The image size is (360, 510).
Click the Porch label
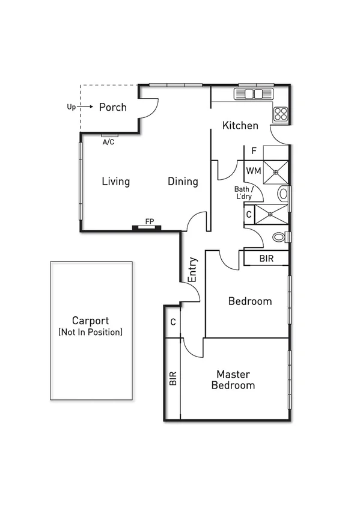113,107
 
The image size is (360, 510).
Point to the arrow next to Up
86,106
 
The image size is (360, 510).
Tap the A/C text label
108,143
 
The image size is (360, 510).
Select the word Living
115,181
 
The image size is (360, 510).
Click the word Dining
183,181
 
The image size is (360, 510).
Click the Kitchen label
240,126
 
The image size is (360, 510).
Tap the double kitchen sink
254,94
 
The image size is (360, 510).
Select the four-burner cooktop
281,112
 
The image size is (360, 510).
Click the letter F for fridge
254,151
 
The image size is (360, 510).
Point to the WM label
253,171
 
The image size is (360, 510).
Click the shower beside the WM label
276,171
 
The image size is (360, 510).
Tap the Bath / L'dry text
243,192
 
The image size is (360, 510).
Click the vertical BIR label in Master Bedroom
173,378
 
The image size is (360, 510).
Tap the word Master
233,373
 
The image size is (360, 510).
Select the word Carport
90,321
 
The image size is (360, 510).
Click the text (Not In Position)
90,332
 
